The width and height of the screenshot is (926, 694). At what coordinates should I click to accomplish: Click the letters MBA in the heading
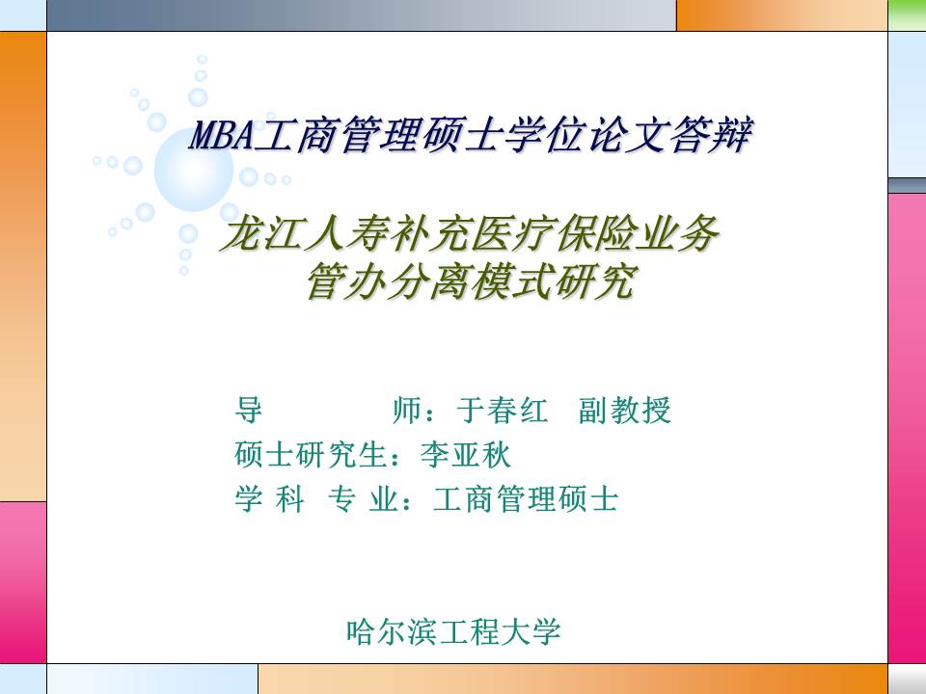click(x=220, y=134)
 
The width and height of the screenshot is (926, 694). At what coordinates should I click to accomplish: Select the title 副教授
click(x=624, y=412)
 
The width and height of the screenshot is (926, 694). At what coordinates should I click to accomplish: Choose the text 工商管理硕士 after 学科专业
click(x=526, y=499)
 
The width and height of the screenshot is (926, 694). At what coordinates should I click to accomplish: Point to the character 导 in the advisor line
click(x=248, y=412)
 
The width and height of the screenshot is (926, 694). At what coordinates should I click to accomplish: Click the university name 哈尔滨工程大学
click(x=453, y=632)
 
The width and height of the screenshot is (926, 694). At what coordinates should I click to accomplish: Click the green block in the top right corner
click(x=907, y=14)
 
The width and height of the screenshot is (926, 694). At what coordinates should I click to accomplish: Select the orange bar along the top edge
click(x=781, y=14)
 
